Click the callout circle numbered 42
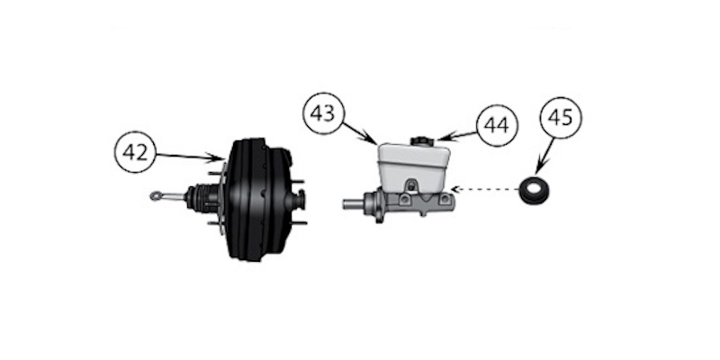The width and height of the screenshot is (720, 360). (135, 153)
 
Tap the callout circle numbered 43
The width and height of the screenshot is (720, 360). (324, 115)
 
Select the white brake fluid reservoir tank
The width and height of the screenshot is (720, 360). (413, 166)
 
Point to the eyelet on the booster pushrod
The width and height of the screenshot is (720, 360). (157, 194)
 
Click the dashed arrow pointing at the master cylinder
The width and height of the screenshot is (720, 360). (486, 190)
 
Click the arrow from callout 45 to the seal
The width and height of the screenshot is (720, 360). (544, 162)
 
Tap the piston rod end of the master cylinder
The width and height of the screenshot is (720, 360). (351, 204)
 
